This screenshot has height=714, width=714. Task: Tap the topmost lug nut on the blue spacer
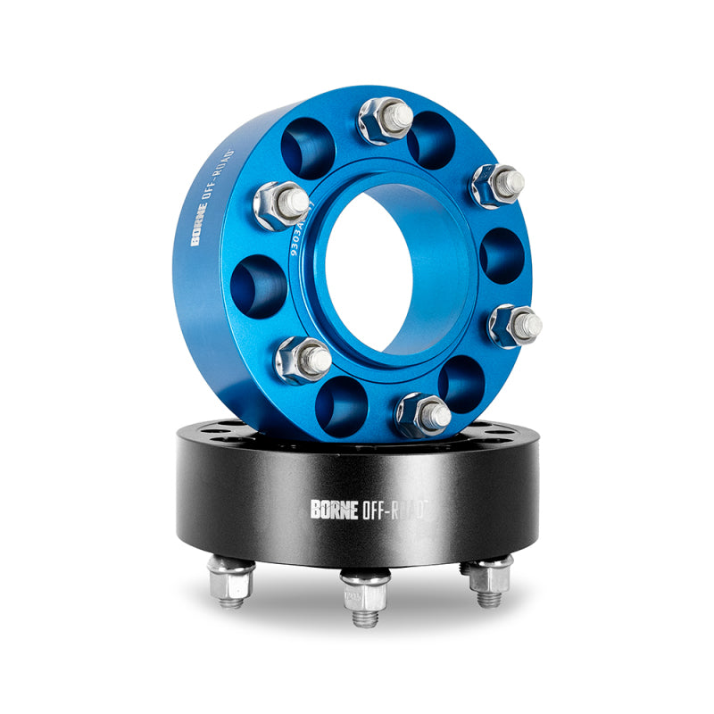(x=386, y=119)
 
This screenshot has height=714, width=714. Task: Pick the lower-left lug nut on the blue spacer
(x=303, y=360)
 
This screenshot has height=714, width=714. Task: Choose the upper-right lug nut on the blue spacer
(x=498, y=185)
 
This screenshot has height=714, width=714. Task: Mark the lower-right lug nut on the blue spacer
(x=514, y=325)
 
